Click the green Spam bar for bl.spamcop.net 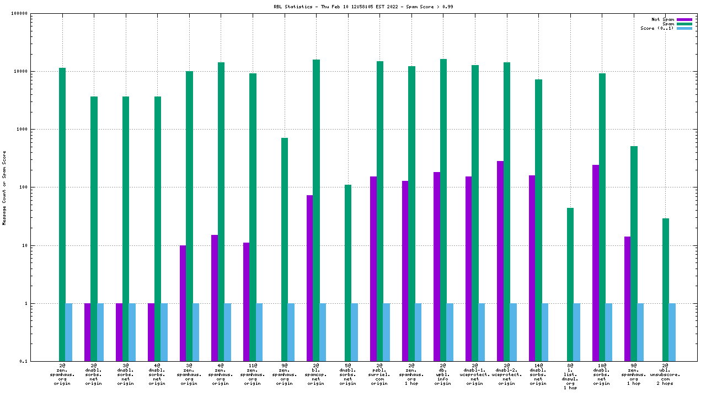coord(316,210)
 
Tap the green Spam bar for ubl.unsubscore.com coord(666,289)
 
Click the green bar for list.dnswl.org coord(570,285)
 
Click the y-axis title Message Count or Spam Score coord(4,187)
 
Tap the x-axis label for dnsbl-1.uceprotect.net coord(474,374)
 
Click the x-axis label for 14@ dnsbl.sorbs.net coord(538,374)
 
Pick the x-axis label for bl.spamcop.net coord(316,374)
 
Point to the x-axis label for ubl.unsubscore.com coord(666,374)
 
